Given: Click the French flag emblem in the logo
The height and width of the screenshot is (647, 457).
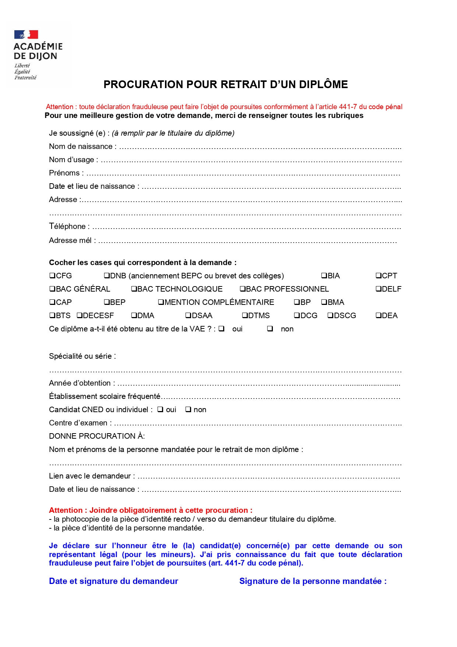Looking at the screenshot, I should [26, 35].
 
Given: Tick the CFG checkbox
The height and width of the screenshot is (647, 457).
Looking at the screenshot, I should [52, 276].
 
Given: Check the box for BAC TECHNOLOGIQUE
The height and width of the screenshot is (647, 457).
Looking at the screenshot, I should [134, 289].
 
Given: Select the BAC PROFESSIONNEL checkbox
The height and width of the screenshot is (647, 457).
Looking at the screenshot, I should [243, 289].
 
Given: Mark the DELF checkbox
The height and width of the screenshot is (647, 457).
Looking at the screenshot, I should [379, 289].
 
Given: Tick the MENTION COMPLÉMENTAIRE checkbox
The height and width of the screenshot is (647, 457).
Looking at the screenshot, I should [161, 302].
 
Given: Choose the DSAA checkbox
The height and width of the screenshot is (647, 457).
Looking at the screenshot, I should [188, 316].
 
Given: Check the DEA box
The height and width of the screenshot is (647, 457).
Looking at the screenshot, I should [379, 316].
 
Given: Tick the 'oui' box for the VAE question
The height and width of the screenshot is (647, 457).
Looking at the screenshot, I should [221, 329].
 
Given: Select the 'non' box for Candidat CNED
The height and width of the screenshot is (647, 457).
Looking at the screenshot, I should [188, 410].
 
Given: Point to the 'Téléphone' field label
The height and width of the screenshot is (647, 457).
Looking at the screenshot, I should [67, 226].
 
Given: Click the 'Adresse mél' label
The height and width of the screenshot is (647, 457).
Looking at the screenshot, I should [70, 240].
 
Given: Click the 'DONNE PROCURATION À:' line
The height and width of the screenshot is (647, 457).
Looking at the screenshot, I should [97, 436].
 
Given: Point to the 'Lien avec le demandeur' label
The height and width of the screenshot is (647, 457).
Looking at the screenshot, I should [90, 476].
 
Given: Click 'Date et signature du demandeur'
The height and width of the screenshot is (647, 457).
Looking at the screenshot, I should [113, 581].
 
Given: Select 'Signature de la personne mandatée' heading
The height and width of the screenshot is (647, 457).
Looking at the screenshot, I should [313, 581].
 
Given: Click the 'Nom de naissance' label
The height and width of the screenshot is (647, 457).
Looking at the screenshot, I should [81, 146].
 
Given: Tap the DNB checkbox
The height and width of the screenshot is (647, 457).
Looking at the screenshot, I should [107, 276].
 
